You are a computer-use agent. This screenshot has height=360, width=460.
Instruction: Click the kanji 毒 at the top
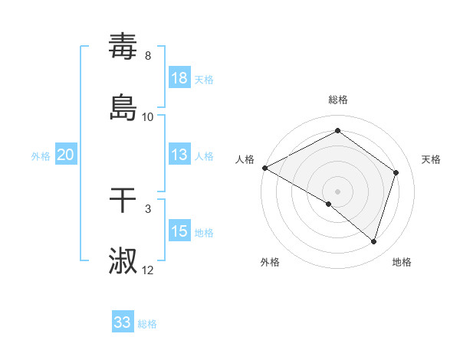pyautogui.click(x=123, y=47)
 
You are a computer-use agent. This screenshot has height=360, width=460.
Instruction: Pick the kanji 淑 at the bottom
pyautogui.click(x=123, y=260)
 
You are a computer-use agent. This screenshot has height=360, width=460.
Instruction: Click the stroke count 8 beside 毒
pyautogui.click(x=148, y=56)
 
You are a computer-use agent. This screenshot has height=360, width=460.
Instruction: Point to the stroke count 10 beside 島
pyautogui.click(x=148, y=116)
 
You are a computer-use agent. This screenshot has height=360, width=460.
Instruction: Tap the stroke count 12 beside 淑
pyautogui.click(x=148, y=270)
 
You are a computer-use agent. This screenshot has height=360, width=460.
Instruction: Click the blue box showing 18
pyautogui.click(x=179, y=78)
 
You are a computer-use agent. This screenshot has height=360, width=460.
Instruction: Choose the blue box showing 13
pyautogui.click(x=179, y=155)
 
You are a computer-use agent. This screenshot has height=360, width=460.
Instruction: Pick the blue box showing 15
pyautogui.click(x=179, y=231)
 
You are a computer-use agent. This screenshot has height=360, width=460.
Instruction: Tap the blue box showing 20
pyautogui.click(x=66, y=155)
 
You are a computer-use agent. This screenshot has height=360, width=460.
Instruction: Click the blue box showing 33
pyautogui.click(x=123, y=322)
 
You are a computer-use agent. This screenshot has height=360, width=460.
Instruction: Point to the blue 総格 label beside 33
pyautogui.click(x=147, y=324)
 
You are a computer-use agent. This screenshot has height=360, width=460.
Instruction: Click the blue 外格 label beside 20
pyautogui.click(x=41, y=156)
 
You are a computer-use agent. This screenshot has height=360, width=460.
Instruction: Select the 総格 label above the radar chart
pyautogui.click(x=337, y=100)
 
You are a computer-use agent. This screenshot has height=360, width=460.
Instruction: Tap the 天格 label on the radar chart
pyautogui.click(x=431, y=159)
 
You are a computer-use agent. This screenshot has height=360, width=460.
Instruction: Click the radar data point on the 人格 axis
pyautogui.click(x=264, y=168)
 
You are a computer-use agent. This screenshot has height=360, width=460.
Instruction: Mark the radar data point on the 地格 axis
pyautogui.click(x=373, y=241)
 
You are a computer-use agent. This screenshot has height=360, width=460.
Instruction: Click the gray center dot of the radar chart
pyautogui.click(x=337, y=191)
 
